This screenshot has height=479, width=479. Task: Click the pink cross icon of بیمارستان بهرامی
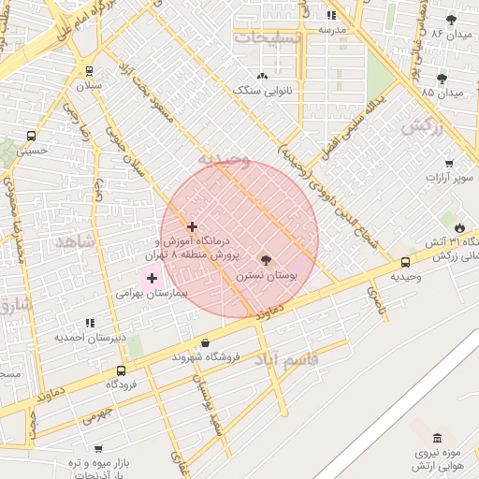[x=152, y=278]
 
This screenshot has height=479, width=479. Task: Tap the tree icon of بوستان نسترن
[x=265, y=259]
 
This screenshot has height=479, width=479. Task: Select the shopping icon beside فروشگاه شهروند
[x=206, y=342]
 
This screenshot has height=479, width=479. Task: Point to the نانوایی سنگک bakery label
[x=261, y=91]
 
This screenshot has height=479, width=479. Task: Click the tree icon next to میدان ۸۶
[x=452, y=19]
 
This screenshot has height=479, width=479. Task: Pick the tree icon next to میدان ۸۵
[x=442, y=78]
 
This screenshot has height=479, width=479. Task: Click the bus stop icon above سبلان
[x=89, y=71]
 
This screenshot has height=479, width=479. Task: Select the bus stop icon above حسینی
[x=31, y=136]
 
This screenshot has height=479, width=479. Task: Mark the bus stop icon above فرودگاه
[x=121, y=370]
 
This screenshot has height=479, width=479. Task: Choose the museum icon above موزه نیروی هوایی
[x=437, y=438]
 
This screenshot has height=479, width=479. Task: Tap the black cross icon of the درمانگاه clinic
[x=192, y=226]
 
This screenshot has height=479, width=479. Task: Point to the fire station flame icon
[x=458, y=227]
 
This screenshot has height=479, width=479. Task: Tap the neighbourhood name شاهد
[x=75, y=241]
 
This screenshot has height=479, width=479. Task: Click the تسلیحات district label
[x=268, y=37]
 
